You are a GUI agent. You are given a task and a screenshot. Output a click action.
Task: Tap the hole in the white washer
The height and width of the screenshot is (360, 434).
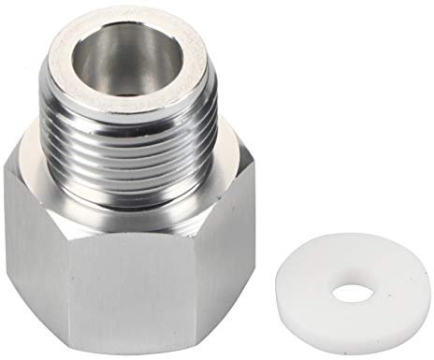pyautogui.click(x=351, y=291)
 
